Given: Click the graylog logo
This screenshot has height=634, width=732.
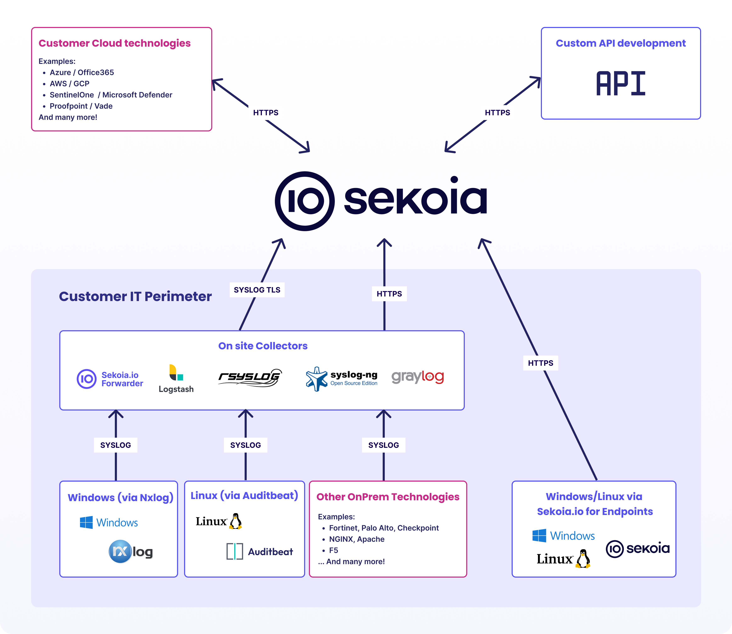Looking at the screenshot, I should [x=418, y=377].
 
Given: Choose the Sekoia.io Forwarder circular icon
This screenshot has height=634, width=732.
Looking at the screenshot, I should [x=86, y=379].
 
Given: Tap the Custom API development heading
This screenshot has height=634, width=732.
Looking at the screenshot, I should [x=620, y=43].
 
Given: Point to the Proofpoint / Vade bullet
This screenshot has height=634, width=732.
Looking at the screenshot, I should [x=81, y=106].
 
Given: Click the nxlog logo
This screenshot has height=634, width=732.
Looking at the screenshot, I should [x=131, y=551].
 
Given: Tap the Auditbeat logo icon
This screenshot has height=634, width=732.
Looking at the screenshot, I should [x=234, y=551].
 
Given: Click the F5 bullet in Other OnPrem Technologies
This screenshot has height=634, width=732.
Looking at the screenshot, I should [x=333, y=550].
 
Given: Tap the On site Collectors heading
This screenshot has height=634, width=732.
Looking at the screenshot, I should [x=262, y=346].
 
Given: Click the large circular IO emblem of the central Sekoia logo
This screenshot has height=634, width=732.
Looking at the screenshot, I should [x=305, y=201].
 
